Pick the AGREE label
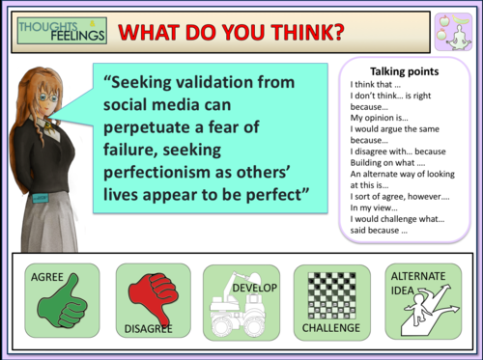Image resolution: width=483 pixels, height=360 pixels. click(x=47, y=277)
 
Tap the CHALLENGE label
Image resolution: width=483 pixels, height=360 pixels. click(x=330, y=328)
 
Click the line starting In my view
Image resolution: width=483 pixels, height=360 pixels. click(x=376, y=207)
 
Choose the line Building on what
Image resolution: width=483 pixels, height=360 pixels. click(x=384, y=162)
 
